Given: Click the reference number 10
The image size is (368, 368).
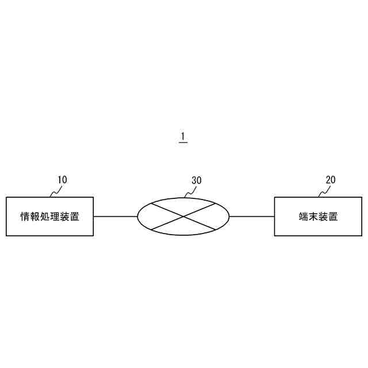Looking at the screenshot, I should coord(62,179).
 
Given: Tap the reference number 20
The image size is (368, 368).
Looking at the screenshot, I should coord(330,179).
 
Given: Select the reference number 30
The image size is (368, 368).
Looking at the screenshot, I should coord(196,180).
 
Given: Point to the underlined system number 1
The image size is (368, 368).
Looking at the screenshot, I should coord(183,137).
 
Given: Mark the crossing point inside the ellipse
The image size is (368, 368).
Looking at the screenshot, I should coord(183,217).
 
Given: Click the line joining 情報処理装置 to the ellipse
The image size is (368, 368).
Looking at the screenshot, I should coord(116,217).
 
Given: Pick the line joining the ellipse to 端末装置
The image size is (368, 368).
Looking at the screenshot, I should coord(252,217).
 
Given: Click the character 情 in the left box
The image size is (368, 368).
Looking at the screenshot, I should coord(25,217).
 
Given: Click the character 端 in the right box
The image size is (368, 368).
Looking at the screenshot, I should coord(303,217).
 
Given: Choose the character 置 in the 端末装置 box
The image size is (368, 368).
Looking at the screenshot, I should coord(333,217).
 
